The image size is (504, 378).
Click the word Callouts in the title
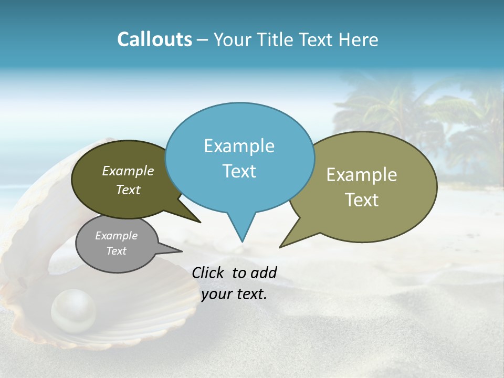[x=154, y=39]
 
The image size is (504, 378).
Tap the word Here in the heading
[x=359, y=39]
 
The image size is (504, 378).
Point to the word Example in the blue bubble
[x=239, y=146]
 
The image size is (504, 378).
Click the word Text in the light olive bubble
[x=362, y=199]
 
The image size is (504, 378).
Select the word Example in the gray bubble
[x=116, y=236]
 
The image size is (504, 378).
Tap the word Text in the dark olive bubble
[x=128, y=190]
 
